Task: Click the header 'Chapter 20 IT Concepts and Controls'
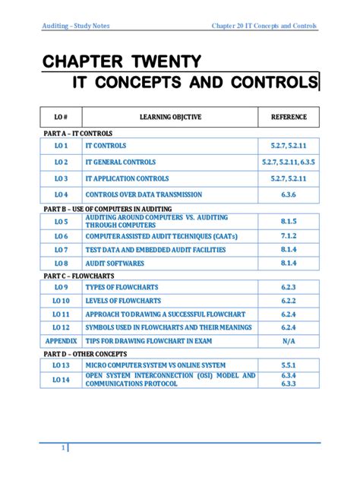tap(264, 27)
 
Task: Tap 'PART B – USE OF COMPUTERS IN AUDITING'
tap(106, 209)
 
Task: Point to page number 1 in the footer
tap(63, 450)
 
